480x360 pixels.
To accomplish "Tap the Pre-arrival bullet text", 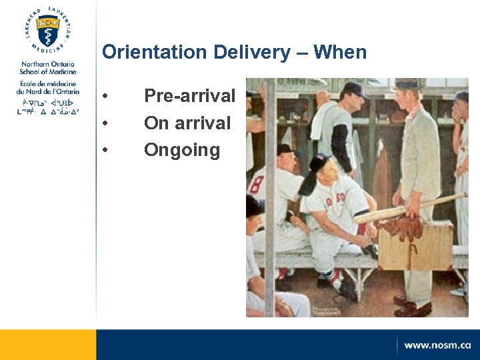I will point(189,96).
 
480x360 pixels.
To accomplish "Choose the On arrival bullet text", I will point(187,123).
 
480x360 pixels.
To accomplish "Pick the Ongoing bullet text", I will point(181,150).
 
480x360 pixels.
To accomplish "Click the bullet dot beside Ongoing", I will point(105,151).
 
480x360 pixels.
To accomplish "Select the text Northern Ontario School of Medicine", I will point(47,67).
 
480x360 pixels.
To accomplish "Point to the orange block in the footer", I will point(47,344).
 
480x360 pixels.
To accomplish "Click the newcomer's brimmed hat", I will point(406,84).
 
